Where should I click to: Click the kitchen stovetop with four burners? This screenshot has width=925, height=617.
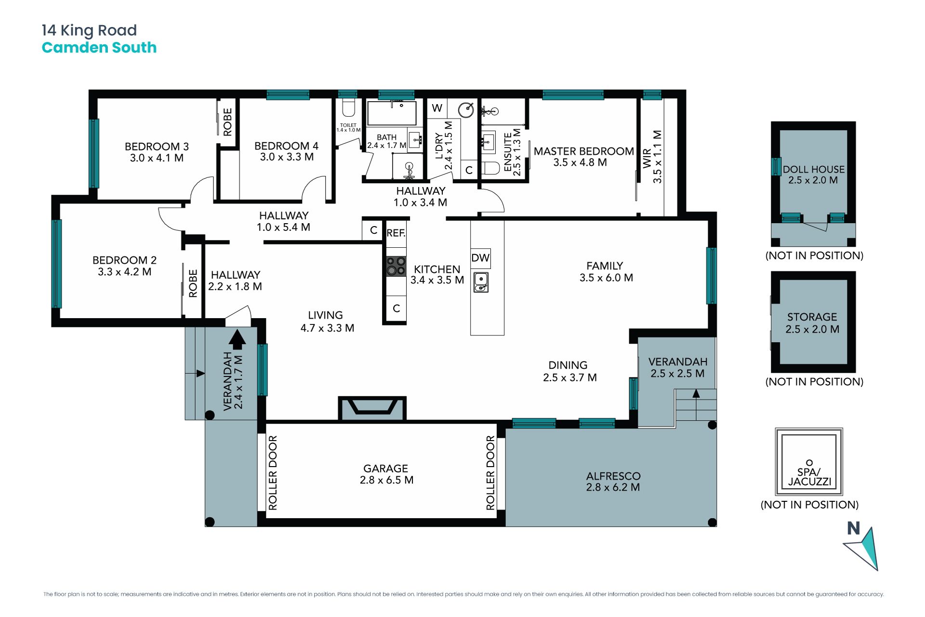396,267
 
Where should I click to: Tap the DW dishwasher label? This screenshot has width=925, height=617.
480,258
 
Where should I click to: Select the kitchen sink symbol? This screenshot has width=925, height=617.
481,282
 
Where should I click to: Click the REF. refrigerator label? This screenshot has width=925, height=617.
396,233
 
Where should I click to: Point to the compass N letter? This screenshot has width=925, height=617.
854,528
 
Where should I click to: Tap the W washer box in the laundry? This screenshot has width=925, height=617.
437,108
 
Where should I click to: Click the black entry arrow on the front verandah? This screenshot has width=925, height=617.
237,339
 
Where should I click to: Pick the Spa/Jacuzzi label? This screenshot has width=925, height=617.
809,477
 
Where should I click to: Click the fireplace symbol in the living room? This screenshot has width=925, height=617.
372,408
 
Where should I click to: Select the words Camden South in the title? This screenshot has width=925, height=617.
99,48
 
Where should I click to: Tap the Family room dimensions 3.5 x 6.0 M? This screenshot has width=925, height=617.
606,278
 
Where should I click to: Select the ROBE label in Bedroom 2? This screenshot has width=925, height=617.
193,283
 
